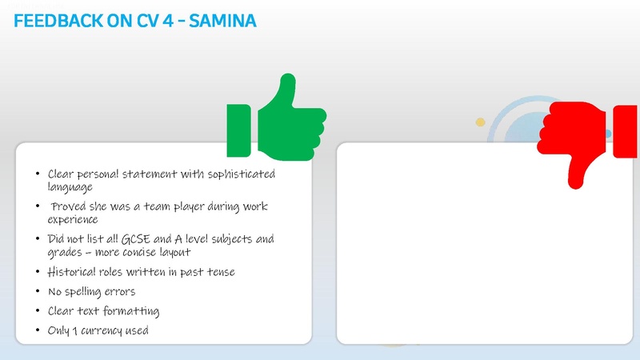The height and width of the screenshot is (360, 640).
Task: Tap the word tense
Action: click(218, 272)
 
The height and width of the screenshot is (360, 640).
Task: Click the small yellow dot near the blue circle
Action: click(481, 122)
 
